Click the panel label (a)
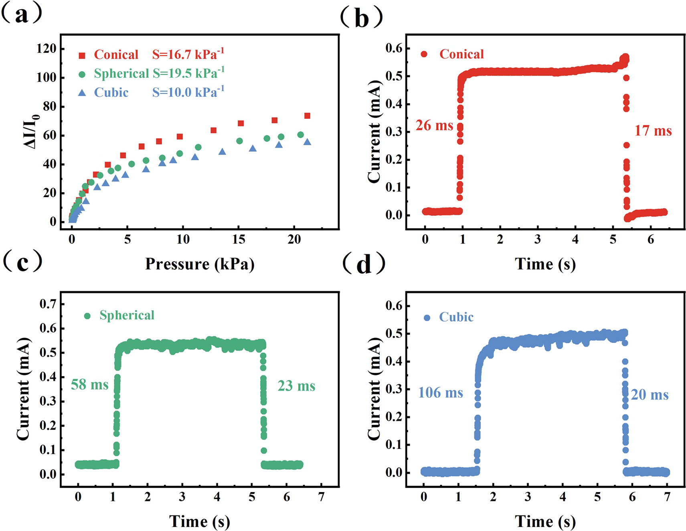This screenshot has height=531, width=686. click(22, 14)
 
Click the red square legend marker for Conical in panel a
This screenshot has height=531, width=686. click(82, 55)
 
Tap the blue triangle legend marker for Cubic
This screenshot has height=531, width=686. click(82, 93)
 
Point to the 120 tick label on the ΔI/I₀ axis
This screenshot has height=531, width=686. click(46, 49)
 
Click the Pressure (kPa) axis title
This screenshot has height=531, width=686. click(200, 264)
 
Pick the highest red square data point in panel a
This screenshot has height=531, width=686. click(307, 116)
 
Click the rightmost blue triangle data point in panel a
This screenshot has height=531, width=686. click(307, 142)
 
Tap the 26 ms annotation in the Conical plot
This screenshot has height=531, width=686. click(434, 126)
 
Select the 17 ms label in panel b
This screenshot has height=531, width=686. click(653, 131)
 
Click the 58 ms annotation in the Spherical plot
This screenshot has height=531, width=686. click(89, 385)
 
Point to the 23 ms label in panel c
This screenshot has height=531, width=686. click(296, 386)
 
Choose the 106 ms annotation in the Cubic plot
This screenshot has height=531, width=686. click(440, 393)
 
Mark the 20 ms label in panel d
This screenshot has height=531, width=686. click(650, 395)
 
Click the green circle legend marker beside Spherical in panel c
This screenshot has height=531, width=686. click(87, 316)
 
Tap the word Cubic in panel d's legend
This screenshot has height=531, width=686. click(456, 317)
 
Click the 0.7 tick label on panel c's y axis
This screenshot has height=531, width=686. click(48, 304)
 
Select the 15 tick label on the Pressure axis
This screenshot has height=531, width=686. click(239, 240)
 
